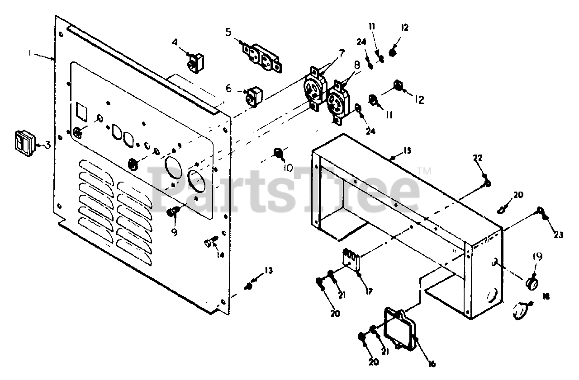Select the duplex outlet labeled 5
[263, 57]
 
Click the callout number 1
[30, 53]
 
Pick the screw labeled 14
[209, 243]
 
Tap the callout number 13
[269, 271]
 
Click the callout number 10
[288, 168]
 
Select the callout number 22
[478, 158]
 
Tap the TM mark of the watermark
[424, 171]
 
